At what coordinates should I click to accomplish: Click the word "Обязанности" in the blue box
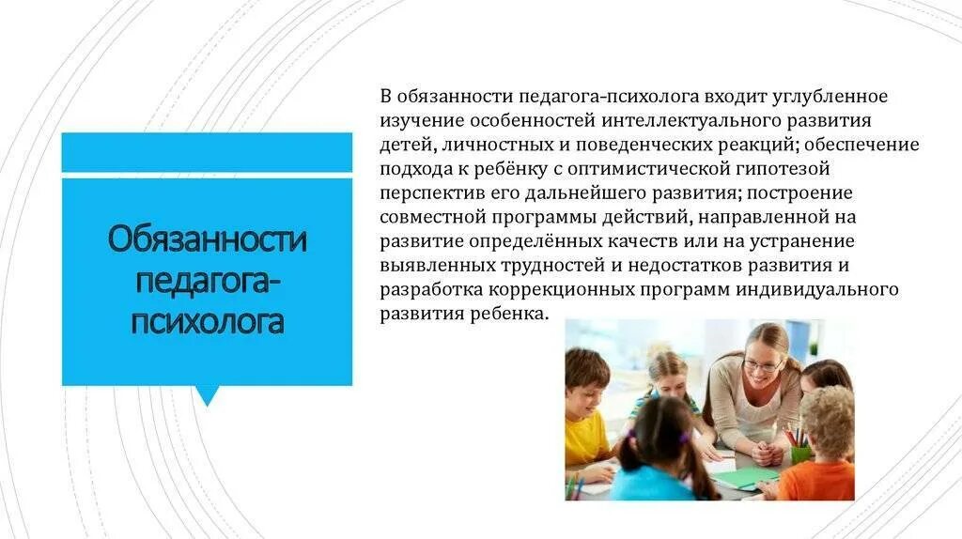point(208,239)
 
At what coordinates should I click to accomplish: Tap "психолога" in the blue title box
point(208,322)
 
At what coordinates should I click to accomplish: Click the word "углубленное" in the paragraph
point(832,97)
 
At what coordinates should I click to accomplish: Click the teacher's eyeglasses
point(763,365)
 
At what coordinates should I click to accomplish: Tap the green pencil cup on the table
point(800,454)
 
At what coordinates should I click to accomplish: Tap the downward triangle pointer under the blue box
point(207,395)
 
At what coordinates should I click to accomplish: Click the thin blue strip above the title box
point(207,152)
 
